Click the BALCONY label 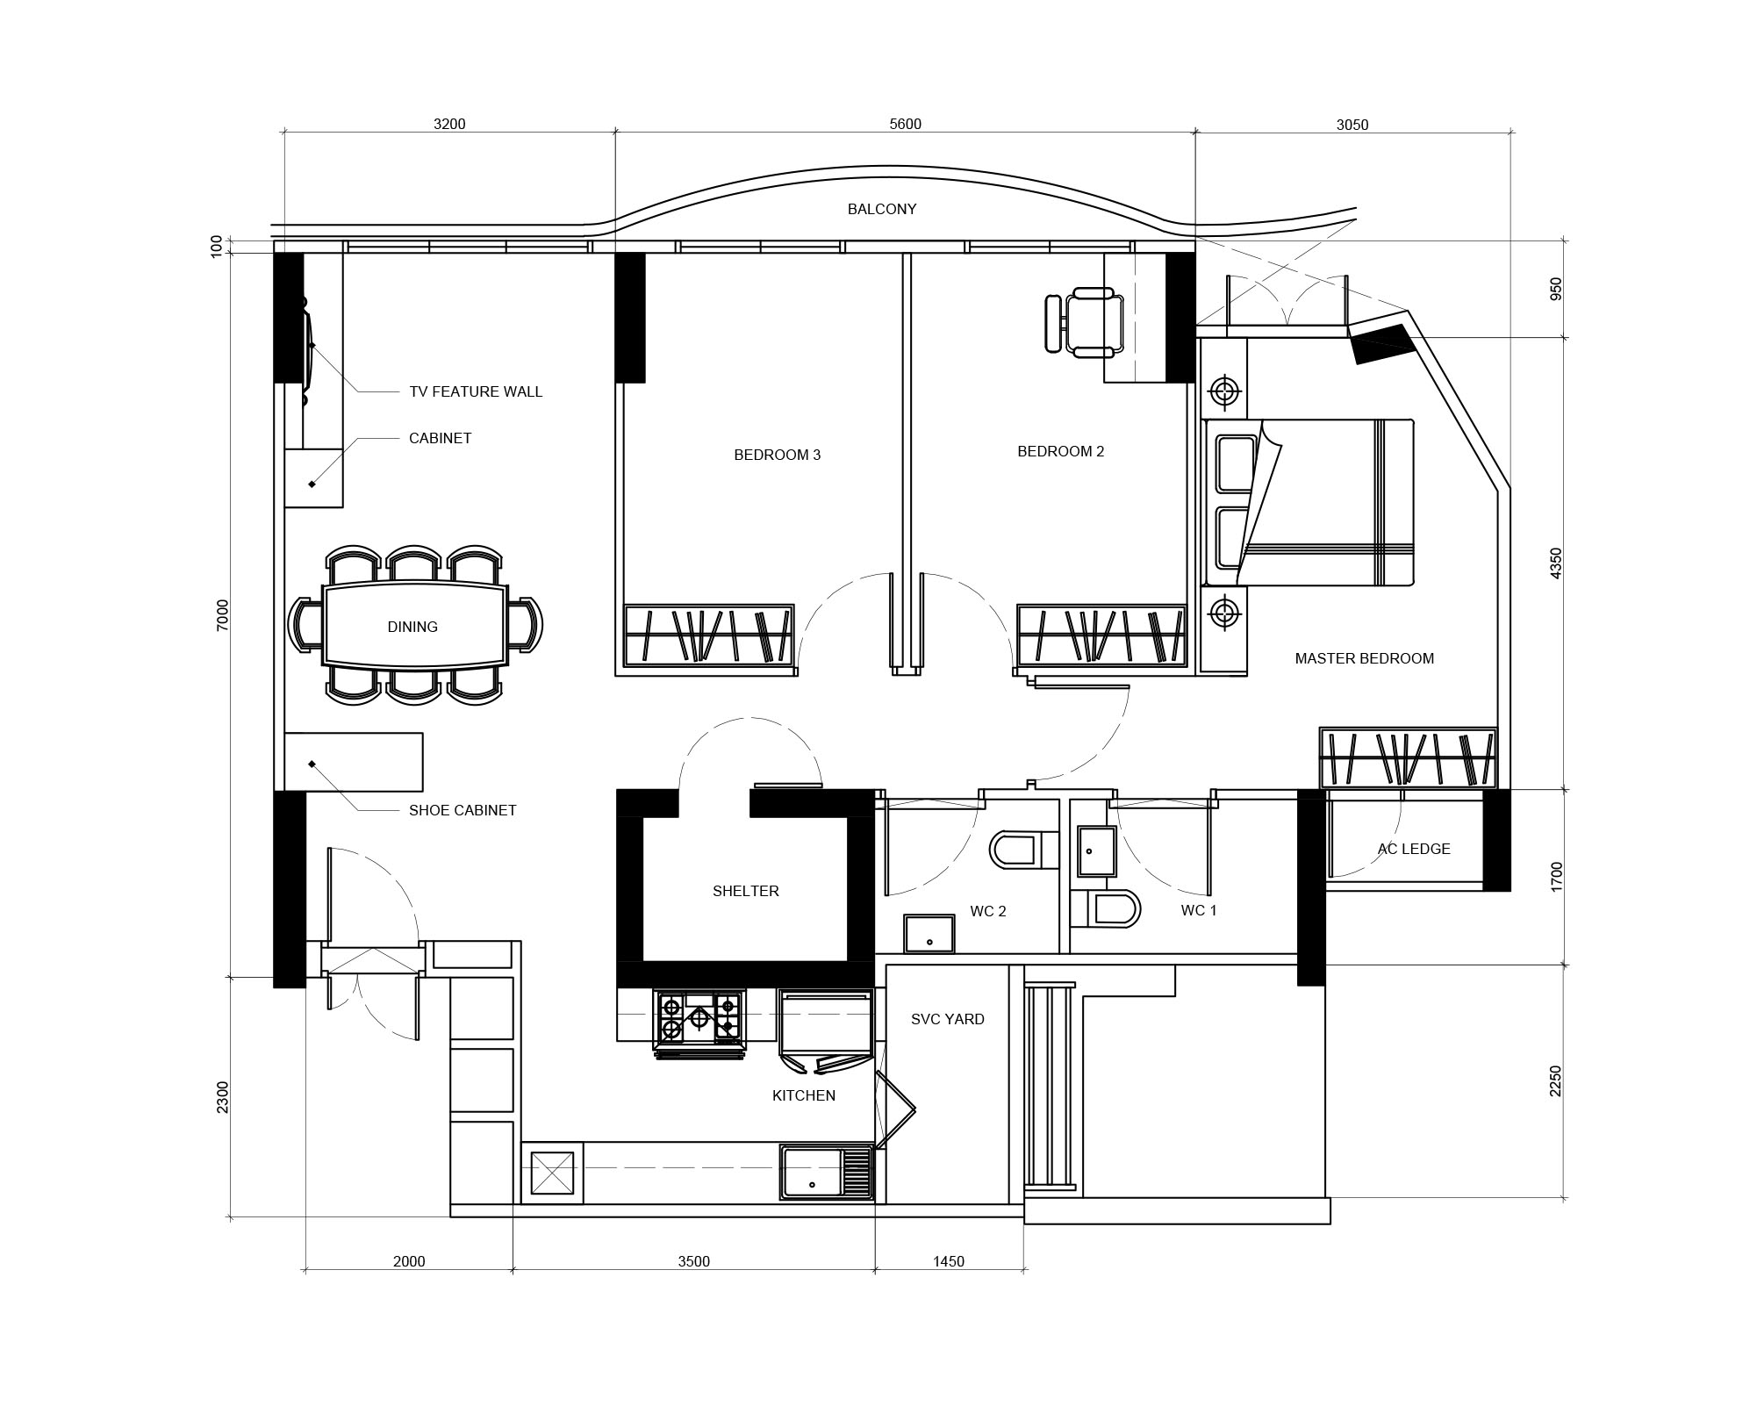[881, 209]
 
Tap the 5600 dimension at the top [905, 125]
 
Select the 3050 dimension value [1352, 125]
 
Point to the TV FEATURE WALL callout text [476, 391]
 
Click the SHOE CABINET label [463, 810]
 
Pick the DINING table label [412, 627]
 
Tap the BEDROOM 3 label [777, 455]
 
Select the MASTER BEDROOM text [1364, 658]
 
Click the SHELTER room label [745, 891]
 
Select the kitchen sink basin [812, 1173]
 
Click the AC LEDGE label [1413, 849]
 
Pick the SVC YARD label [947, 1019]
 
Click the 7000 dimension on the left [222, 614]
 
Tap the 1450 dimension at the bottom [948, 1262]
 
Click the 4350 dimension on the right [1556, 563]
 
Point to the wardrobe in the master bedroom [1409, 757]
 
